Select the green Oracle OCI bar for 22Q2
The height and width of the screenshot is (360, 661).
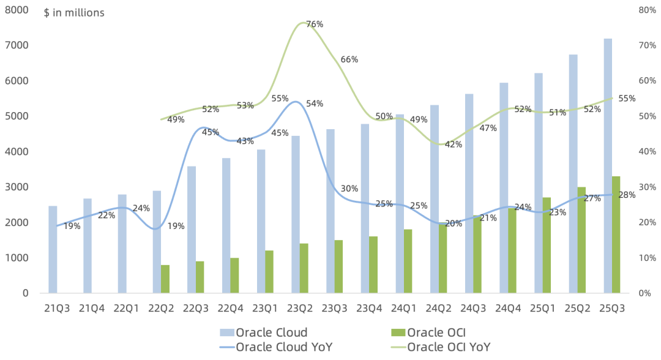(165, 279)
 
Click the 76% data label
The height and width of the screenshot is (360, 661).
(315, 24)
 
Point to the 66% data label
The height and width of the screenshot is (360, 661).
(349, 59)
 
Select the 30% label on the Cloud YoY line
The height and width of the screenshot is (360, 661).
(349, 189)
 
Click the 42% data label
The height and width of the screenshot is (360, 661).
(454, 144)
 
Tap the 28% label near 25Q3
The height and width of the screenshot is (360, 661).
(627, 195)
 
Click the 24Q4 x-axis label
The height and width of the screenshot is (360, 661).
(508, 309)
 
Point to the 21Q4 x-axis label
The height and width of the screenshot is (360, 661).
(92, 309)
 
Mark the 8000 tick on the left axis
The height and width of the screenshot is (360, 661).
(17, 10)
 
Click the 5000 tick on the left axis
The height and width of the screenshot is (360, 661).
(17, 116)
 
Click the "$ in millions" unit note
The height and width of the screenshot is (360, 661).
(74, 13)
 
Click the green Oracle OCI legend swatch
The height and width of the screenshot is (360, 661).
(398, 332)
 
